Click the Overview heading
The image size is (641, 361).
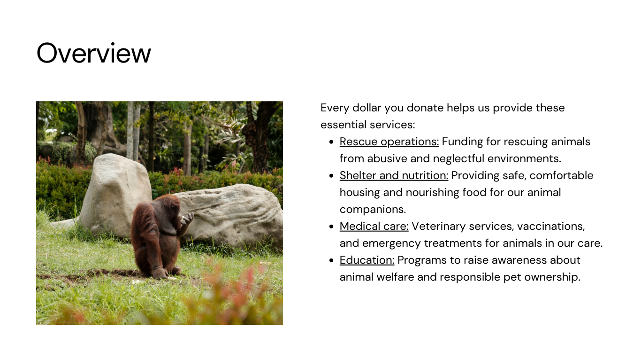pos(93,53)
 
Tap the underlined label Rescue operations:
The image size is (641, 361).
pos(389,141)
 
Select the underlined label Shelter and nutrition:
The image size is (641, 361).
pos(394,175)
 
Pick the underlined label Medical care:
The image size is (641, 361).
pos(374,226)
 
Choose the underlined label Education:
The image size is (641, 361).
pos(367,260)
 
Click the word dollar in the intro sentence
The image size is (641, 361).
pos(367,108)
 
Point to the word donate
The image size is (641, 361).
pos(425,108)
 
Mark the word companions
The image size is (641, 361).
pos(373,210)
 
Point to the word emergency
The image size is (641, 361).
pos(391,243)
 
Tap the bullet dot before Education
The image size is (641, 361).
pos(331,260)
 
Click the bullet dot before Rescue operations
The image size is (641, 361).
pos(331,142)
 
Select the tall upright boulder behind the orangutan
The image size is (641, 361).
pos(115,195)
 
